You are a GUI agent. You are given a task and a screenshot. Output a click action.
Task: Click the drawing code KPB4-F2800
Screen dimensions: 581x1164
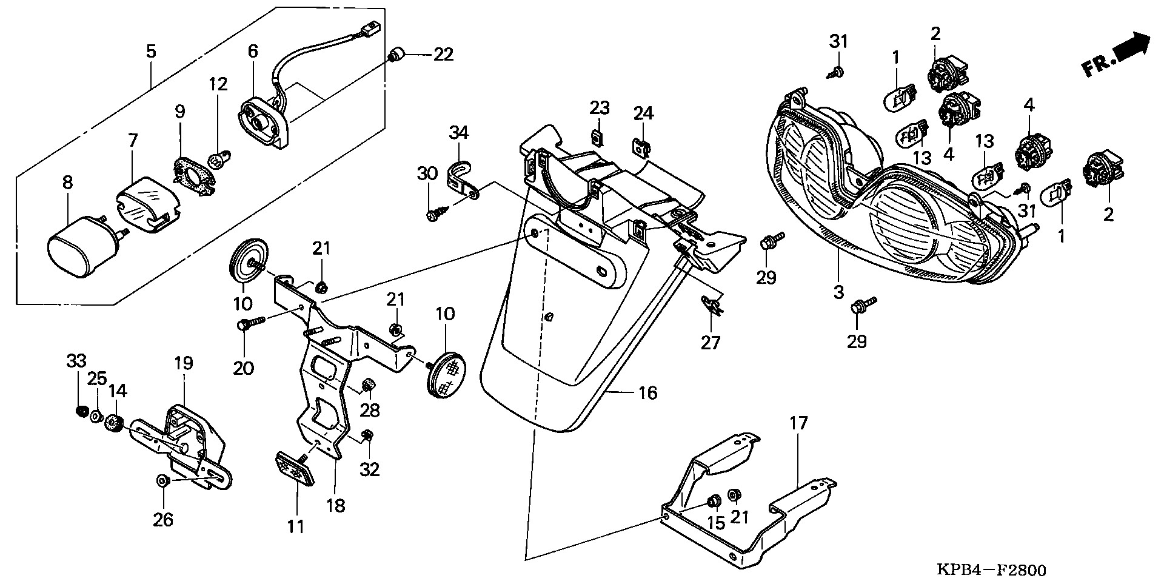pos(991,570)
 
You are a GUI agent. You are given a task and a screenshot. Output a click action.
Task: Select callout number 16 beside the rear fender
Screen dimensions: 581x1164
pos(647,393)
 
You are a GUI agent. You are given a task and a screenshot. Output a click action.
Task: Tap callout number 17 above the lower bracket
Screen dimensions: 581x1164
pos(799,423)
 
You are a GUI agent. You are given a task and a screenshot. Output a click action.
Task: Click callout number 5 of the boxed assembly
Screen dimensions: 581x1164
pos(151,51)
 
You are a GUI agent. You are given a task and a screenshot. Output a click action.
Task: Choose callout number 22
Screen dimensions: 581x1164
pos(443,55)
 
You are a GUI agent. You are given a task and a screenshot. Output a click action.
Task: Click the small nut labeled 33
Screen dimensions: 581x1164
pos(79,412)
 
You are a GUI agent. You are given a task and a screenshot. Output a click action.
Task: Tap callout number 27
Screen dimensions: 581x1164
pos(711,343)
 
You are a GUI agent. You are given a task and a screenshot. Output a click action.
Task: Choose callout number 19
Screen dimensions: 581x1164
pos(184,363)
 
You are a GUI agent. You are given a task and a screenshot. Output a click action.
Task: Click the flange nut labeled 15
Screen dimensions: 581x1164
pos(713,503)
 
